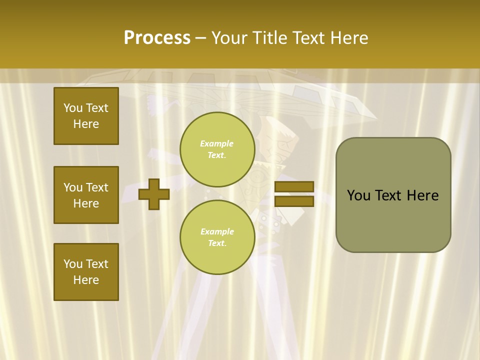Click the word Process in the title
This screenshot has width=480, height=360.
tap(157, 38)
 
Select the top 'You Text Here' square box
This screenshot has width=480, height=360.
tap(86, 116)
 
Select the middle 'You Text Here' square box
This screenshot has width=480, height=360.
tap(86, 195)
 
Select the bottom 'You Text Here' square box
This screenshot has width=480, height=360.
tap(86, 272)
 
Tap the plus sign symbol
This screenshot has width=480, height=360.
tap(154, 194)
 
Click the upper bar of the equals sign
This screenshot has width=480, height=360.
tap(294, 186)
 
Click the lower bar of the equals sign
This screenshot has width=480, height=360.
tap(294, 201)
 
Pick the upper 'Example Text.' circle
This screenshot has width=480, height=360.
tap(217, 149)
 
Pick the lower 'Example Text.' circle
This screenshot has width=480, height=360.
tap(217, 237)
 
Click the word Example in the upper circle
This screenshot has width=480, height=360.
tap(217, 143)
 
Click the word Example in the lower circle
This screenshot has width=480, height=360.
tap(217, 231)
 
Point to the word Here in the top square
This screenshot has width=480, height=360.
tap(86, 124)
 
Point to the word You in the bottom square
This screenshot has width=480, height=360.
tap(73, 264)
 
